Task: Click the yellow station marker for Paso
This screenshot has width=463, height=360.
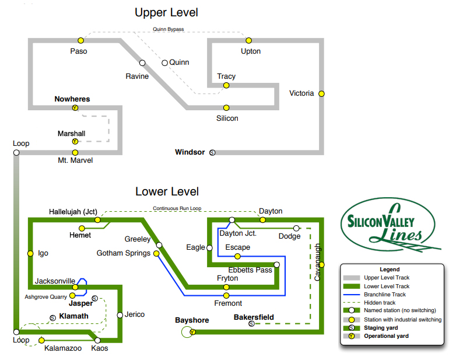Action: coord(82,40)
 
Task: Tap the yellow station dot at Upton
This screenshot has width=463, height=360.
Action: coord(248,40)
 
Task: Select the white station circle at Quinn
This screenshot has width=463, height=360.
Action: coord(165,62)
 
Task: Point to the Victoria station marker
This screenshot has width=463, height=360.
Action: coord(321,93)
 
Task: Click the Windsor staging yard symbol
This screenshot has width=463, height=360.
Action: coord(212,152)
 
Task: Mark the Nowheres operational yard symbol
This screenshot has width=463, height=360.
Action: coord(75,108)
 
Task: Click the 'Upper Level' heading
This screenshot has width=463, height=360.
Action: coord(167,12)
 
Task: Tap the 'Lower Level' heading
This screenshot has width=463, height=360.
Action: coord(167,191)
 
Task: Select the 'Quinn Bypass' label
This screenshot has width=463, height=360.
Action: coord(169,29)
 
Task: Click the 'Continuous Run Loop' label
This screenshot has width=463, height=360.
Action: coord(177,208)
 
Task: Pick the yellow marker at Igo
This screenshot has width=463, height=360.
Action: coord(30,254)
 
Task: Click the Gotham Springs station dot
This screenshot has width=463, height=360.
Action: coord(156,253)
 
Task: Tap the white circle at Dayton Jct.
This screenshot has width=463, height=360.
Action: coord(232,220)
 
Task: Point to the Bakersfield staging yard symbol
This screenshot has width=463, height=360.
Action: coord(251,324)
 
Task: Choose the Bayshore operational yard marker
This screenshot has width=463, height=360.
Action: coord(192,332)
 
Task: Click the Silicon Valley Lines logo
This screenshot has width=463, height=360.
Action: coord(390,225)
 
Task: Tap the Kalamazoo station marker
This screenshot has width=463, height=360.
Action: coord(41,340)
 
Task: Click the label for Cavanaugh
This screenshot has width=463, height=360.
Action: coord(318,263)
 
